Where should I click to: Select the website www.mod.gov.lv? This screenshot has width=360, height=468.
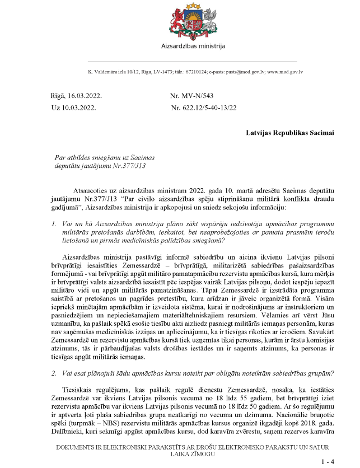(x=285, y=72)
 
